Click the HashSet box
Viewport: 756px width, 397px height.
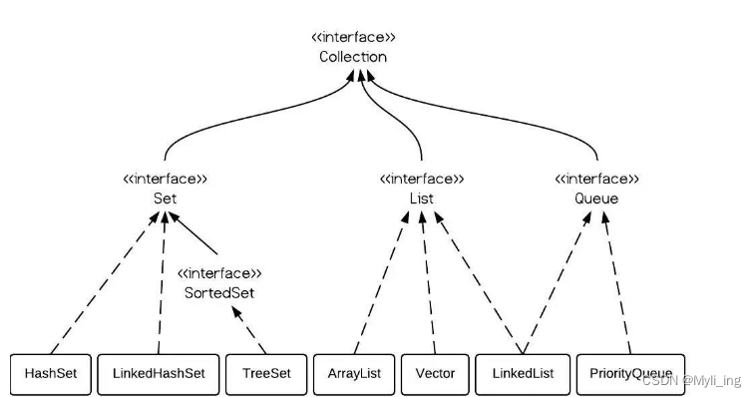pos(51,373)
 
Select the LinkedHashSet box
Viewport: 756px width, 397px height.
pos(159,373)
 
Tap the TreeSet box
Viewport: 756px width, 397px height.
pos(266,373)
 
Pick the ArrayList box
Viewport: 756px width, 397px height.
pos(353,373)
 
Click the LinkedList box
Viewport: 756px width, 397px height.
pos(522,373)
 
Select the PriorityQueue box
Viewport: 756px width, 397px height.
pos(630,373)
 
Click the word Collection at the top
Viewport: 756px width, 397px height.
pos(353,57)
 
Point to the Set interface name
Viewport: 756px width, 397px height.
pos(165,198)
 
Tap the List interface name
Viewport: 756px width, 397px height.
pos(422,198)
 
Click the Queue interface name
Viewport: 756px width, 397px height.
pos(597,198)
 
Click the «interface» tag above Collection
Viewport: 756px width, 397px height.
pos(353,38)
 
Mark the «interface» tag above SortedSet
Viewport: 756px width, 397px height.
pos(219,272)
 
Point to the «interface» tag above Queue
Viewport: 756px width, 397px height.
pos(597,180)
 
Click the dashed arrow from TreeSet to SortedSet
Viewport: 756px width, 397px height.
pos(251,330)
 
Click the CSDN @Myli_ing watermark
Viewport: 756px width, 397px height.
pos(692,380)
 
